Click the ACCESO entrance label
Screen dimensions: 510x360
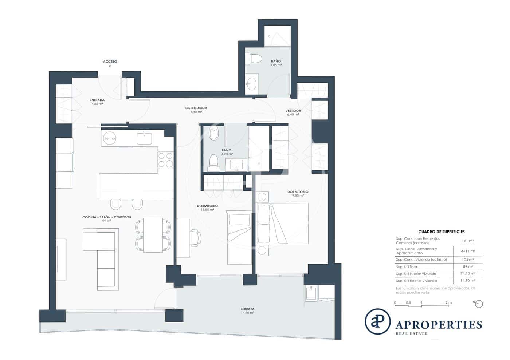[110, 62]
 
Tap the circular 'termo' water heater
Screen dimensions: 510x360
[110, 138]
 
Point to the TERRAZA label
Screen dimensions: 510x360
[247, 309]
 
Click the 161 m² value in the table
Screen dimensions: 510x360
[468, 241]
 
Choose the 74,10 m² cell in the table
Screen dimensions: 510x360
[468, 273]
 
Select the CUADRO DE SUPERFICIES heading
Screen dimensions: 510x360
[442, 232]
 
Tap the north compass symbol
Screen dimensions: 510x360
[479, 304]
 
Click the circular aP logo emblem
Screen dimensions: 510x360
[378, 321]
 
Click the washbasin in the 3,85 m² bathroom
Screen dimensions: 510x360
[252, 84]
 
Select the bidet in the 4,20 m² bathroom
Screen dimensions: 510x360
[213, 134]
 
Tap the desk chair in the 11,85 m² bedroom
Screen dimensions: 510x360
[196, 238]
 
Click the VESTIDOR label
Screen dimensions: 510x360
[293, 111]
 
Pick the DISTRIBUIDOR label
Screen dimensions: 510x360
[196, 108]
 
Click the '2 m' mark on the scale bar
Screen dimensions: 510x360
[448, 302]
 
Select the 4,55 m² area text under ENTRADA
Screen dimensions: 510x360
[97, 104]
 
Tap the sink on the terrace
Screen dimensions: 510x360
[311, 293]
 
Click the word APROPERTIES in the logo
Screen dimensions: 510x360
[439, 325]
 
